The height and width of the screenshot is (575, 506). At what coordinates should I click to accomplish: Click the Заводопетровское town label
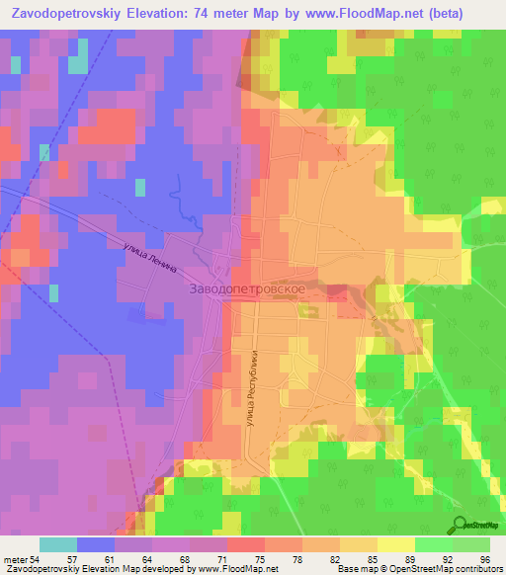coord(253,287)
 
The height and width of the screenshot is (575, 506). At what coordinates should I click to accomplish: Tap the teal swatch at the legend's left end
coord(58,544)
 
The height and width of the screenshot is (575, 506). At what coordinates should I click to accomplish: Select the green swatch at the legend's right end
coord(471,544)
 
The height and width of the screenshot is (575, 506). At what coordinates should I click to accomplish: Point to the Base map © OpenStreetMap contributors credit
coord(435,569)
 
